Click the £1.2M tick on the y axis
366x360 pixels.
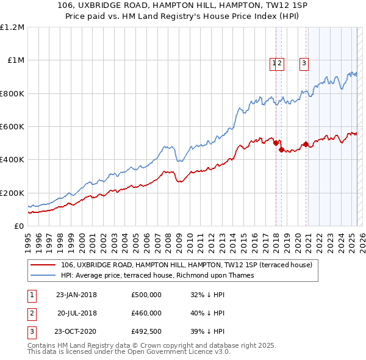pyautogui.click(x=12, y=27)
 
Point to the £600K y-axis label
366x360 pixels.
pyautogui.click(x=12, y=127)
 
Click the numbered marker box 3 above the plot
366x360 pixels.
pyautogui.click(x=303, y=62)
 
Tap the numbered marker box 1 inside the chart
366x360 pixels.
pyautogui.click(x=273, y=62)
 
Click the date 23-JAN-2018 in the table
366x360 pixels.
pyautogui.click(x=76, y=295)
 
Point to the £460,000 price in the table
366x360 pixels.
pyautogui.click(x=146, y=313)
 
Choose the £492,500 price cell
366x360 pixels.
pyautogui.click(x=146, y=332)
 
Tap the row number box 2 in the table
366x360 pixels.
pyautogui.click(x=30, y=313)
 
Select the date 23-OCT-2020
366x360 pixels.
pyautogui.click(x=76, y=332)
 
